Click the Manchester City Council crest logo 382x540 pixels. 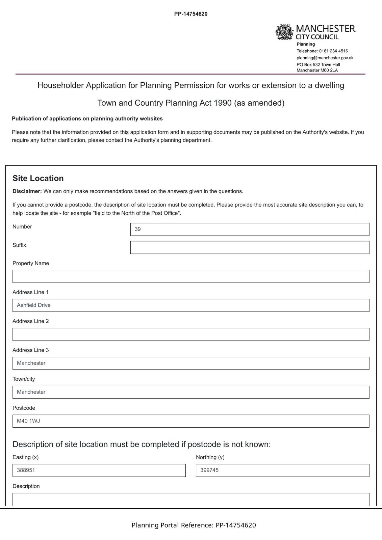(x=284, y=32)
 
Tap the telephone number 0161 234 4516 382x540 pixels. (x=333, y=51)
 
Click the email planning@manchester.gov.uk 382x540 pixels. (x=325, y=58)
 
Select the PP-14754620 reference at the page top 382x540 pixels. (x=191, y=14)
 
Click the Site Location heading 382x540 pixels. (x=38, y=178)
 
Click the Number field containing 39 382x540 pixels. (x=250, y=229)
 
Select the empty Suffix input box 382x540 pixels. (x=250, y=247)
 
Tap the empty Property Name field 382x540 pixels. (x=191, y=276)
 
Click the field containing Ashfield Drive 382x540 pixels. (x=191, y=305)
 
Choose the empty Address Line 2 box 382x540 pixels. (x=191, y=334)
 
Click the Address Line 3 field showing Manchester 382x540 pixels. (x=191, y=363)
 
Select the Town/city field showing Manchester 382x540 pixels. (x=191, y=392)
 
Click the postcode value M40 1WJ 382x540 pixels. (x=28, y=421)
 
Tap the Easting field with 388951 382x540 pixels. (x=99, y=470)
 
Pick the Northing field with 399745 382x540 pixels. (x=282, y=470)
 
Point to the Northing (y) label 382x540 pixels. (x=210, y=457)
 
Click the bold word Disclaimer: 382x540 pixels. (x=27, y=191)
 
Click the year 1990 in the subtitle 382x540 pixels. (x=223, y=103)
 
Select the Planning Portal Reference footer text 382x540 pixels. (x=194, y=525)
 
